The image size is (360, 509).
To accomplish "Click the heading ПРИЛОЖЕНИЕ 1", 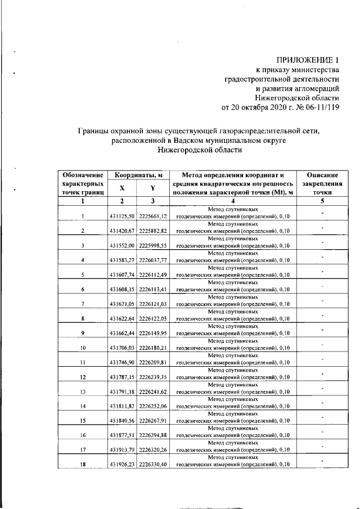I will click(308, 60).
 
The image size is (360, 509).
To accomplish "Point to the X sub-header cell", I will click(122, 189).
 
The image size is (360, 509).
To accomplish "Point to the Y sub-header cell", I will click(152, 189).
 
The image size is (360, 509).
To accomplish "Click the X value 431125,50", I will click(122, 217).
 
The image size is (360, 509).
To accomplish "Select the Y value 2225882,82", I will click(152, 231).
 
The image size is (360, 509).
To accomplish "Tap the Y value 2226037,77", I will click(152, 260).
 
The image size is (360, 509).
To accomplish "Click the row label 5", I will click(83, 275).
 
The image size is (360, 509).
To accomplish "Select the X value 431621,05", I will click(122, 304).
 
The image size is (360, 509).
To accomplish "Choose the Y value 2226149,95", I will click(152, 334).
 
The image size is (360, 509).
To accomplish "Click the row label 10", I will click(83, 348).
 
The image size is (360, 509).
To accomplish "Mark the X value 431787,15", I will click(122, 377).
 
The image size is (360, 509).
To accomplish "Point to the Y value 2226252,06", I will click(152, 407).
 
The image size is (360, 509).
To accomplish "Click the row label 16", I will click(83, 435).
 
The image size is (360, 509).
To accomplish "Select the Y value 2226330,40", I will click(152, 465).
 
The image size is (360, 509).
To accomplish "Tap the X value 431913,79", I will click(122, 450).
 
